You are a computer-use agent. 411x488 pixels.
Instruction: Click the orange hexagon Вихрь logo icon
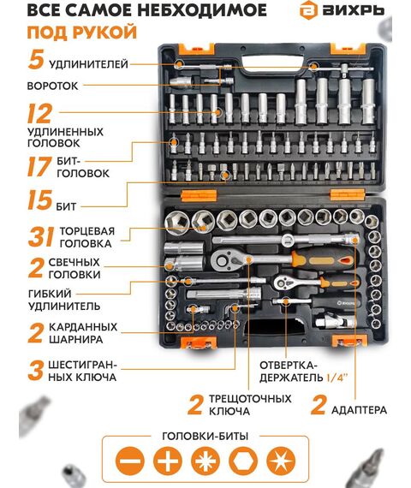[308, 10]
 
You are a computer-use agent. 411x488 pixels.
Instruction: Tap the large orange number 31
[41, 237]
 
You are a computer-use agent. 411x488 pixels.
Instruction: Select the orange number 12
[39, 114]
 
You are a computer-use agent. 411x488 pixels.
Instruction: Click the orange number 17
[39, 166]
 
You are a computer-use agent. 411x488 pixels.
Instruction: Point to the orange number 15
[39, 200]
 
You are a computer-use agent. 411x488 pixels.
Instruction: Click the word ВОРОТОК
[52, 86]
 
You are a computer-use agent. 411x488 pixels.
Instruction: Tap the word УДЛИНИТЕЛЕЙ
[89, 64]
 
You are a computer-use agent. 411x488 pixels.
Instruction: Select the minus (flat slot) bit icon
[130, 461]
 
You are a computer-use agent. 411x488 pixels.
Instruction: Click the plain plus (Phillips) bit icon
[168, 461]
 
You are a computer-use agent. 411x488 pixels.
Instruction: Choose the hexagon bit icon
[243, 461]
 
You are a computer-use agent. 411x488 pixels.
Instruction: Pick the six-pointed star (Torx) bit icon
[281, 461]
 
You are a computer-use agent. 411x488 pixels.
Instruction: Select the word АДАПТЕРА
[359, 410]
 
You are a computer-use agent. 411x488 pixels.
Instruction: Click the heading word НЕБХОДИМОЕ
[202, 10]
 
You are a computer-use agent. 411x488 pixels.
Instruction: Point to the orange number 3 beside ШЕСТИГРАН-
[35, 371]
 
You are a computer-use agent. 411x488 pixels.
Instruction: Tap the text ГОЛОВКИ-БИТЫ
[205, 436]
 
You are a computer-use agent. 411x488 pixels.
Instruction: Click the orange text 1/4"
[337, 378]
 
